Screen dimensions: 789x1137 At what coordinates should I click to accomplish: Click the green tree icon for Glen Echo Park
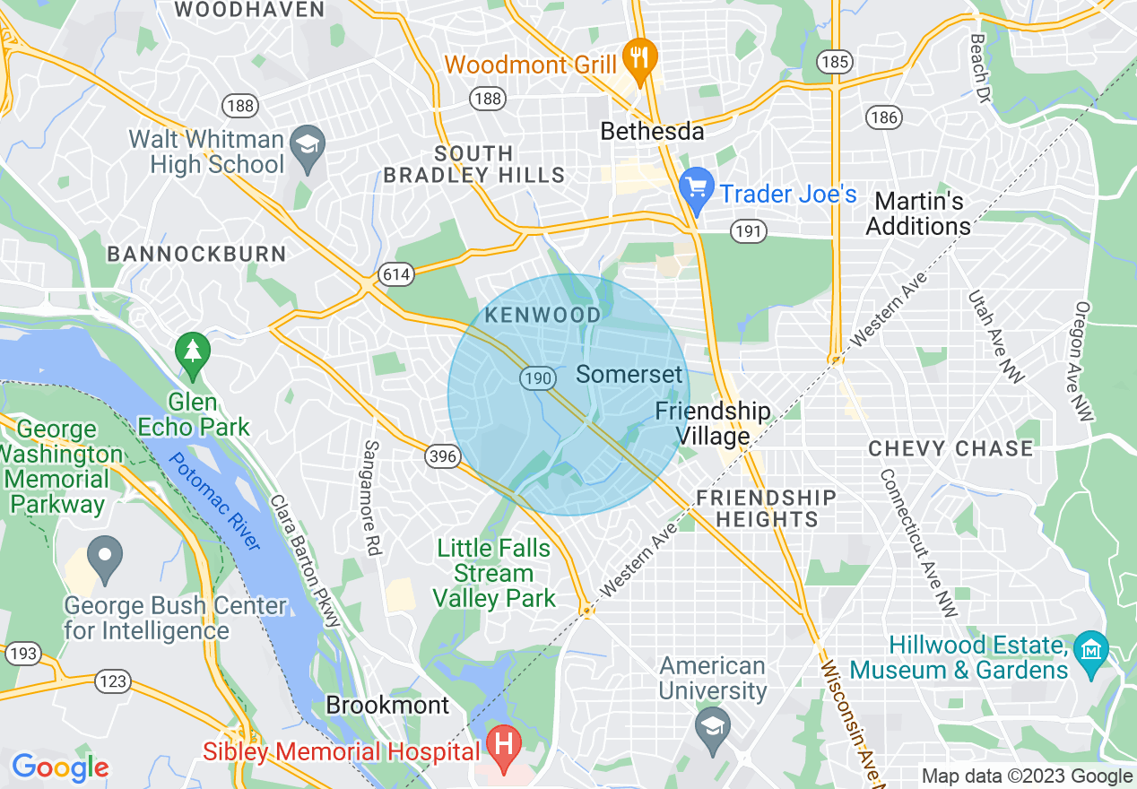tap(193, 351)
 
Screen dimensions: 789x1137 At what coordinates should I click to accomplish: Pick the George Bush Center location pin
tap(106, 557)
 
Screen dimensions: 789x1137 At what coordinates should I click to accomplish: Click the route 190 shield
tap(536, 379)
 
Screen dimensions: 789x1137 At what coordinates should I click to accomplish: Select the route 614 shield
tap(395, 274)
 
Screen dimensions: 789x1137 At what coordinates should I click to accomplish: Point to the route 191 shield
tap(748, 232)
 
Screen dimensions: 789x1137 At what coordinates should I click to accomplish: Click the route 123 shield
tap(113, 681)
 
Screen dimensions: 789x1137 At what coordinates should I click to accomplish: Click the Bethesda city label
tap(652, 132)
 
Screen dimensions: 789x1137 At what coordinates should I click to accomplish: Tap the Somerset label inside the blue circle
tap(629, 374)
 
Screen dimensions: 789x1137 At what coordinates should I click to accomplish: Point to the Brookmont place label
tap(387, 705)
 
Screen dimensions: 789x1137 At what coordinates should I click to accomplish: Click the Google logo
tap(60, 767)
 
